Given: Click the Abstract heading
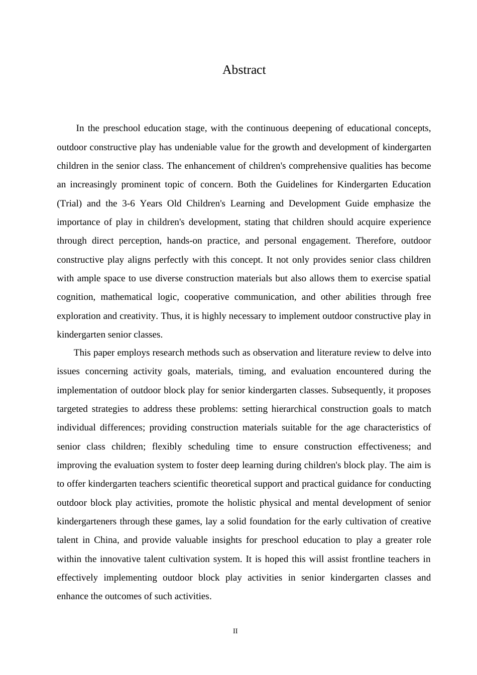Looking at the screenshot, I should (x=244, y=70).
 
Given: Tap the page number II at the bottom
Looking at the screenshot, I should (x=235, y=631).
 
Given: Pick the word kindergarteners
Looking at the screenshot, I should (x=88, y=521).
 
